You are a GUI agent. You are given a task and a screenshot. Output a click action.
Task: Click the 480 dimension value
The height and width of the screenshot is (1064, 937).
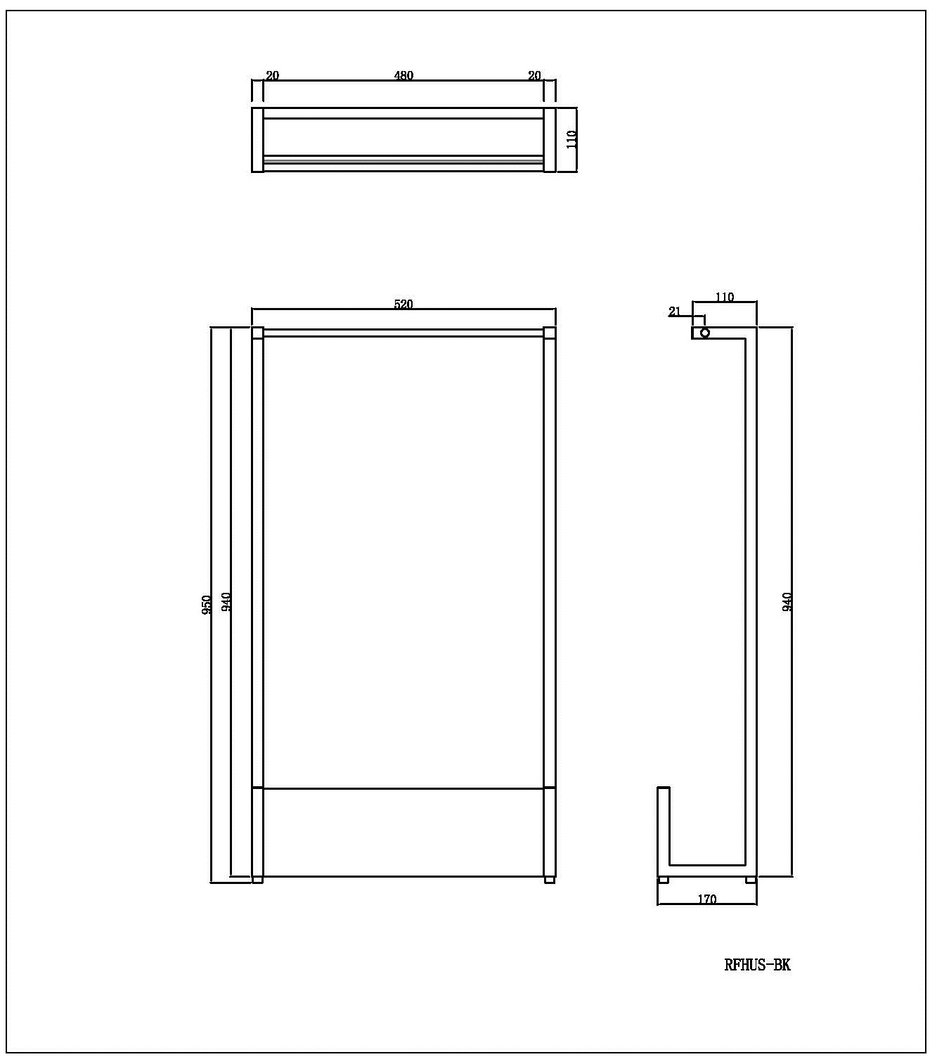[x=403, y=75]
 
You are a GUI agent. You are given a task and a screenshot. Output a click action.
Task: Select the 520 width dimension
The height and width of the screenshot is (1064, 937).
[x=403, y=305]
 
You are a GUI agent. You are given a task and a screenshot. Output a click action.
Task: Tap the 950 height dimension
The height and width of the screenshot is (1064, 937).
[x=207, y=605]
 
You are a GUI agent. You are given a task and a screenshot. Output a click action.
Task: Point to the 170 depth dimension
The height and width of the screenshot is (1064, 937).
[x=707, y=899]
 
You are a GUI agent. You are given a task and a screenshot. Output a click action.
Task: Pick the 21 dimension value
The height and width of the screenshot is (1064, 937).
[x=675, y=312]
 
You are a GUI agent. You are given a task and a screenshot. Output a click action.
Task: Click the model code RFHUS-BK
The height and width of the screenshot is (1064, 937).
[x=757, y=965]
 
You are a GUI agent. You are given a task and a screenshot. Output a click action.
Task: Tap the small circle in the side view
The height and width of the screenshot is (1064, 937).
[x=705, y=333]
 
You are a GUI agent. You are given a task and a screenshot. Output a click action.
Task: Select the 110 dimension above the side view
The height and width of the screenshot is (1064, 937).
[x=725, y=297]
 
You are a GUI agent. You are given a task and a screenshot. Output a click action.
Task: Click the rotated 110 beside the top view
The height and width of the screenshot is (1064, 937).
[x=571, y=139]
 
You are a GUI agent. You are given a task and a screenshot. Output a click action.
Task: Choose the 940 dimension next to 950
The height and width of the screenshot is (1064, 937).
[x=226, y=603]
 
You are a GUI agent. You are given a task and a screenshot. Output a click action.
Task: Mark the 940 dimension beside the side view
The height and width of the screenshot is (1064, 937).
[x=787, y=602]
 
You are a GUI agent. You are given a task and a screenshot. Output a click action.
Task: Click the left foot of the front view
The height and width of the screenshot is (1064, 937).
[x=257, y=880]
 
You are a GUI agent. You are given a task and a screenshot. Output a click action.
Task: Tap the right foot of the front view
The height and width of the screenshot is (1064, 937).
[x=550, y=880]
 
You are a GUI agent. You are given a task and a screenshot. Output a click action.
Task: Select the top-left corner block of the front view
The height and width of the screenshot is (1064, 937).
[x=257, y=333]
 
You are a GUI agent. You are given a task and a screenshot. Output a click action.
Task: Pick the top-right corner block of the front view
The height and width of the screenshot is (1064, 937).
[x=550, y=333]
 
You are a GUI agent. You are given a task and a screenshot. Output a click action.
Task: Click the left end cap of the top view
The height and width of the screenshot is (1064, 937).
[x=257, y=139]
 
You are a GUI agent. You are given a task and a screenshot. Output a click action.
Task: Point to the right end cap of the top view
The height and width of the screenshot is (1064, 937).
[x=550, y=139]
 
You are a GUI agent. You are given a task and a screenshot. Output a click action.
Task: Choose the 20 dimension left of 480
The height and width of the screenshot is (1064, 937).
[x=273, y=75]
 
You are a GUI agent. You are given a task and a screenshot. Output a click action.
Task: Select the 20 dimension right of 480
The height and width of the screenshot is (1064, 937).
[x=534, y=75]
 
